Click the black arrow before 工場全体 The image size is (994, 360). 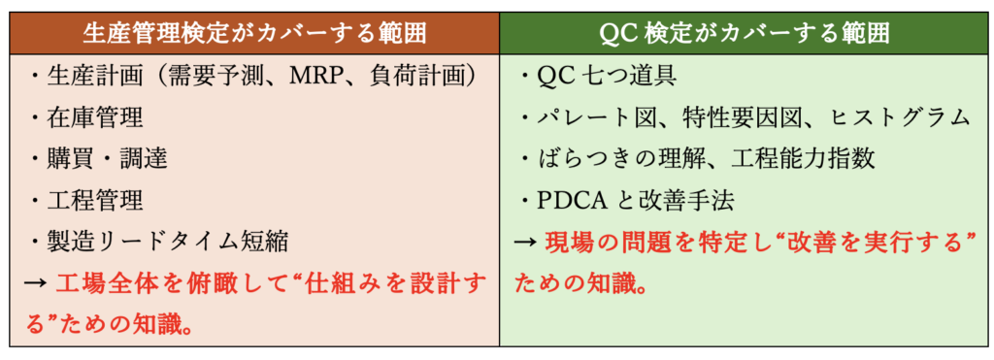[x=35, y=283]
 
